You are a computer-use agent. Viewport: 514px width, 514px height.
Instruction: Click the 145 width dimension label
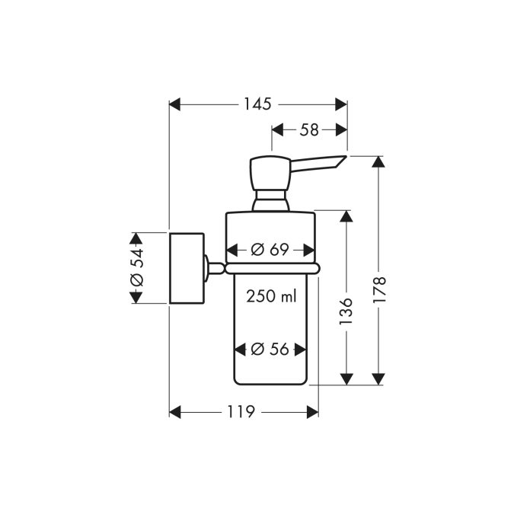coord(257,104)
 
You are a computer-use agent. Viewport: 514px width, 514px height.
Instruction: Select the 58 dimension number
coord(308,129)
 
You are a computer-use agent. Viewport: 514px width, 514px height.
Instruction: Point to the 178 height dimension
coord(380,290)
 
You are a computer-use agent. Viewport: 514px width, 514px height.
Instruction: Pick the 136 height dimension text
coord(346,312)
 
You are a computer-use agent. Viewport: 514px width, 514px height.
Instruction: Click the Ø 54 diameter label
coord(137,268)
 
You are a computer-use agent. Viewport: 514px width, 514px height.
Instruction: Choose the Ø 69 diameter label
coord(271,249)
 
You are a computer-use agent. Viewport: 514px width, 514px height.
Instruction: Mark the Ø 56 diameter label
coord(270,349)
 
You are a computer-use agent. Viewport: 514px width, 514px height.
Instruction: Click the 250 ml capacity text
coord(270,297)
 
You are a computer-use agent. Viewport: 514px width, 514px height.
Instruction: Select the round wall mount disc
coord(187,267)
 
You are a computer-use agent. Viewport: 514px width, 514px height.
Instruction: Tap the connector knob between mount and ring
coord(215,267)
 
